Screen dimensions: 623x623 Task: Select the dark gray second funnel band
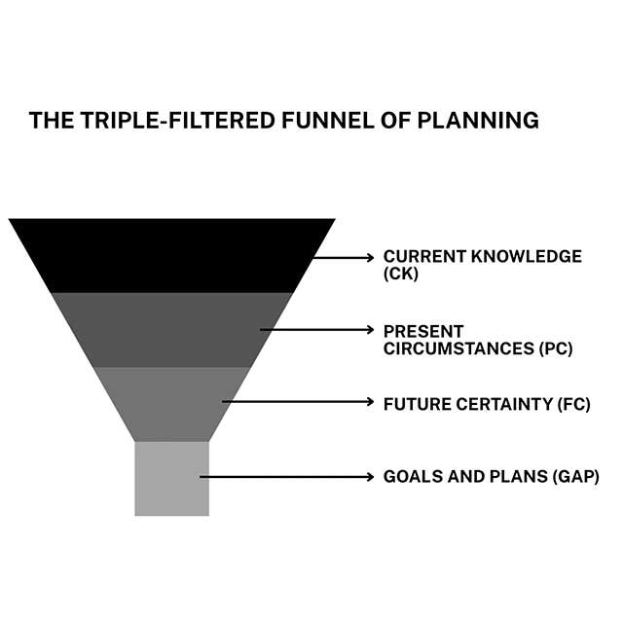coord(170,329)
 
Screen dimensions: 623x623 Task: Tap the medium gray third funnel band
coord(171,403)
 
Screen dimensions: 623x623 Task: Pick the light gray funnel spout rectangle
coord(171,478)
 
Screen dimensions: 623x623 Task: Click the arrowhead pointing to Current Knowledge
coord(369,257)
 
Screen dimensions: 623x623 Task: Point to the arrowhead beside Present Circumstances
coord(369,330)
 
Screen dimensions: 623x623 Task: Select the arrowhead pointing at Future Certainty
coord(369,401)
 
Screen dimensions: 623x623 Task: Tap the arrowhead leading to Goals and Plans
coord(369,477)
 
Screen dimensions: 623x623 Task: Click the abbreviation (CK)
coord(399,275)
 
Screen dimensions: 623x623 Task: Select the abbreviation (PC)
coord(555,348)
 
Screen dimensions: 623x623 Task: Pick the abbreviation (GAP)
coord(575,477)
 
